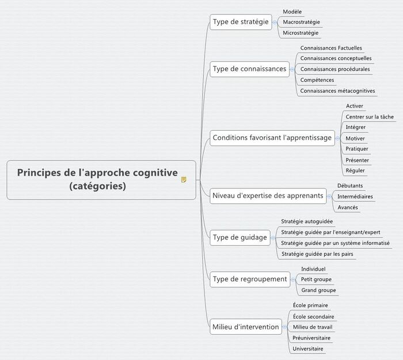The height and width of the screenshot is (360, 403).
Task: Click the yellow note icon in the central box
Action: point(184,180)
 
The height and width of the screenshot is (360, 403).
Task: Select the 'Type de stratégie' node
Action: point(241,22)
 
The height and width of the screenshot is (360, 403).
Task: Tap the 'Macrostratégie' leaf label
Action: point(301,22)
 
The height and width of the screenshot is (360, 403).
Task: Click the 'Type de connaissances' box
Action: point(249,69)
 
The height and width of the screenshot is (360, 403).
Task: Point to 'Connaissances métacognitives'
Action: point(337,91)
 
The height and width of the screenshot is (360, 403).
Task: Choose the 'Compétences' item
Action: point(317,80)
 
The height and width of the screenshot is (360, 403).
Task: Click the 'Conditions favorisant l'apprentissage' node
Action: point(272,138)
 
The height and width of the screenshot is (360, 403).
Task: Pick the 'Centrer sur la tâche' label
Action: point(370,117)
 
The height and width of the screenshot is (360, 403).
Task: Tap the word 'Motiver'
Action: point(355,138)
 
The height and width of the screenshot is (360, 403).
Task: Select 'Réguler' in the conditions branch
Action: point(355,170)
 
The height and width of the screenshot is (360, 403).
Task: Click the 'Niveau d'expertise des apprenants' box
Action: point(268,196)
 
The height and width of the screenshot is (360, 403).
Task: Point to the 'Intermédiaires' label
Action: point(355,196)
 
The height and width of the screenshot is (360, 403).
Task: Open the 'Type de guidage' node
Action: point(240,237)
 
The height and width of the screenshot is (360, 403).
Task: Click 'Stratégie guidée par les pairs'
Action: point(317,254)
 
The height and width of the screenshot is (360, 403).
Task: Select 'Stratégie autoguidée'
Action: point(307,221)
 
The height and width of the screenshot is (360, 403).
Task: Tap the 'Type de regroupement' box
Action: point(250,279)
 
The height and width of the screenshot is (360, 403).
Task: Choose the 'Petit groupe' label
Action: point(316,279)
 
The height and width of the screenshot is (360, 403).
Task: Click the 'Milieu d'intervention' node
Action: point(246,327)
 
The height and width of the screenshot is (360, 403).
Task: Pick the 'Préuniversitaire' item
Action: point(311,338)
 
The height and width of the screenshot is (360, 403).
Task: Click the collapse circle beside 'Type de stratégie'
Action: point(275,22)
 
